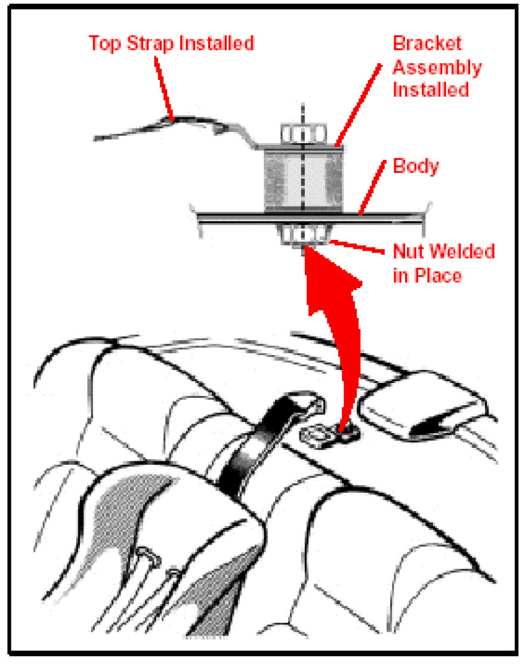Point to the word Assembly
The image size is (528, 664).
click(436, 67)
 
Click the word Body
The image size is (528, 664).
click(416, 166)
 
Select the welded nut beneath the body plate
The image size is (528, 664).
click(303, 234)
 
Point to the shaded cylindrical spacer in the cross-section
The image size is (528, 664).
click(303, 180)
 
